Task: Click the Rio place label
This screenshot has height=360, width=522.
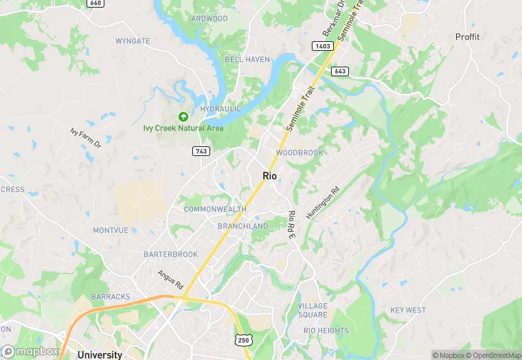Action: [x=269, y=176]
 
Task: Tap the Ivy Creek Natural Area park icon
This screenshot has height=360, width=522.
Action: [x=183, y=117]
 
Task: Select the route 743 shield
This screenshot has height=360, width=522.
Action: [x=201, y=151]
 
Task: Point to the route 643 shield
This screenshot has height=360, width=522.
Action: [x=340, y=71]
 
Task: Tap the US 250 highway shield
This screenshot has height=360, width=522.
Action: [x=243, y=340]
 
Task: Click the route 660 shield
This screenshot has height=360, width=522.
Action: [x=95, y=3]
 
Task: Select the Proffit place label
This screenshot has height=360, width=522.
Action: [x=467, y=36]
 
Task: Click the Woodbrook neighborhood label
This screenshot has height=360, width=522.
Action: [x=299, y=153]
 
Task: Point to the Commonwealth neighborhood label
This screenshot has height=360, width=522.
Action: [x=214, y=209]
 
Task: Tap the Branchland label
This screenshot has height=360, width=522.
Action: [x=242, y=226]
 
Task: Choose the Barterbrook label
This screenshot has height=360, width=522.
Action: [x=170, y=254]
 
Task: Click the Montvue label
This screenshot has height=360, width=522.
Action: [x=111, y=230]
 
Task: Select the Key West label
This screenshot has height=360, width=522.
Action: [x=408, y=310]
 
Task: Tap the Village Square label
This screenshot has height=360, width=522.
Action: [x=313, y=310]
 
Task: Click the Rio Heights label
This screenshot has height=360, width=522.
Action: [x=326, y=330]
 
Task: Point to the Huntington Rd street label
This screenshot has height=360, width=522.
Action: [x=323, y=204]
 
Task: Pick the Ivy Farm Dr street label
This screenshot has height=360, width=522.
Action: [x=85, y=137]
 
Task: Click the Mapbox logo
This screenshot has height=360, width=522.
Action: [x=30, y=351]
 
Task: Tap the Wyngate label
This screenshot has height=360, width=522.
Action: [x=133, y=41]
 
